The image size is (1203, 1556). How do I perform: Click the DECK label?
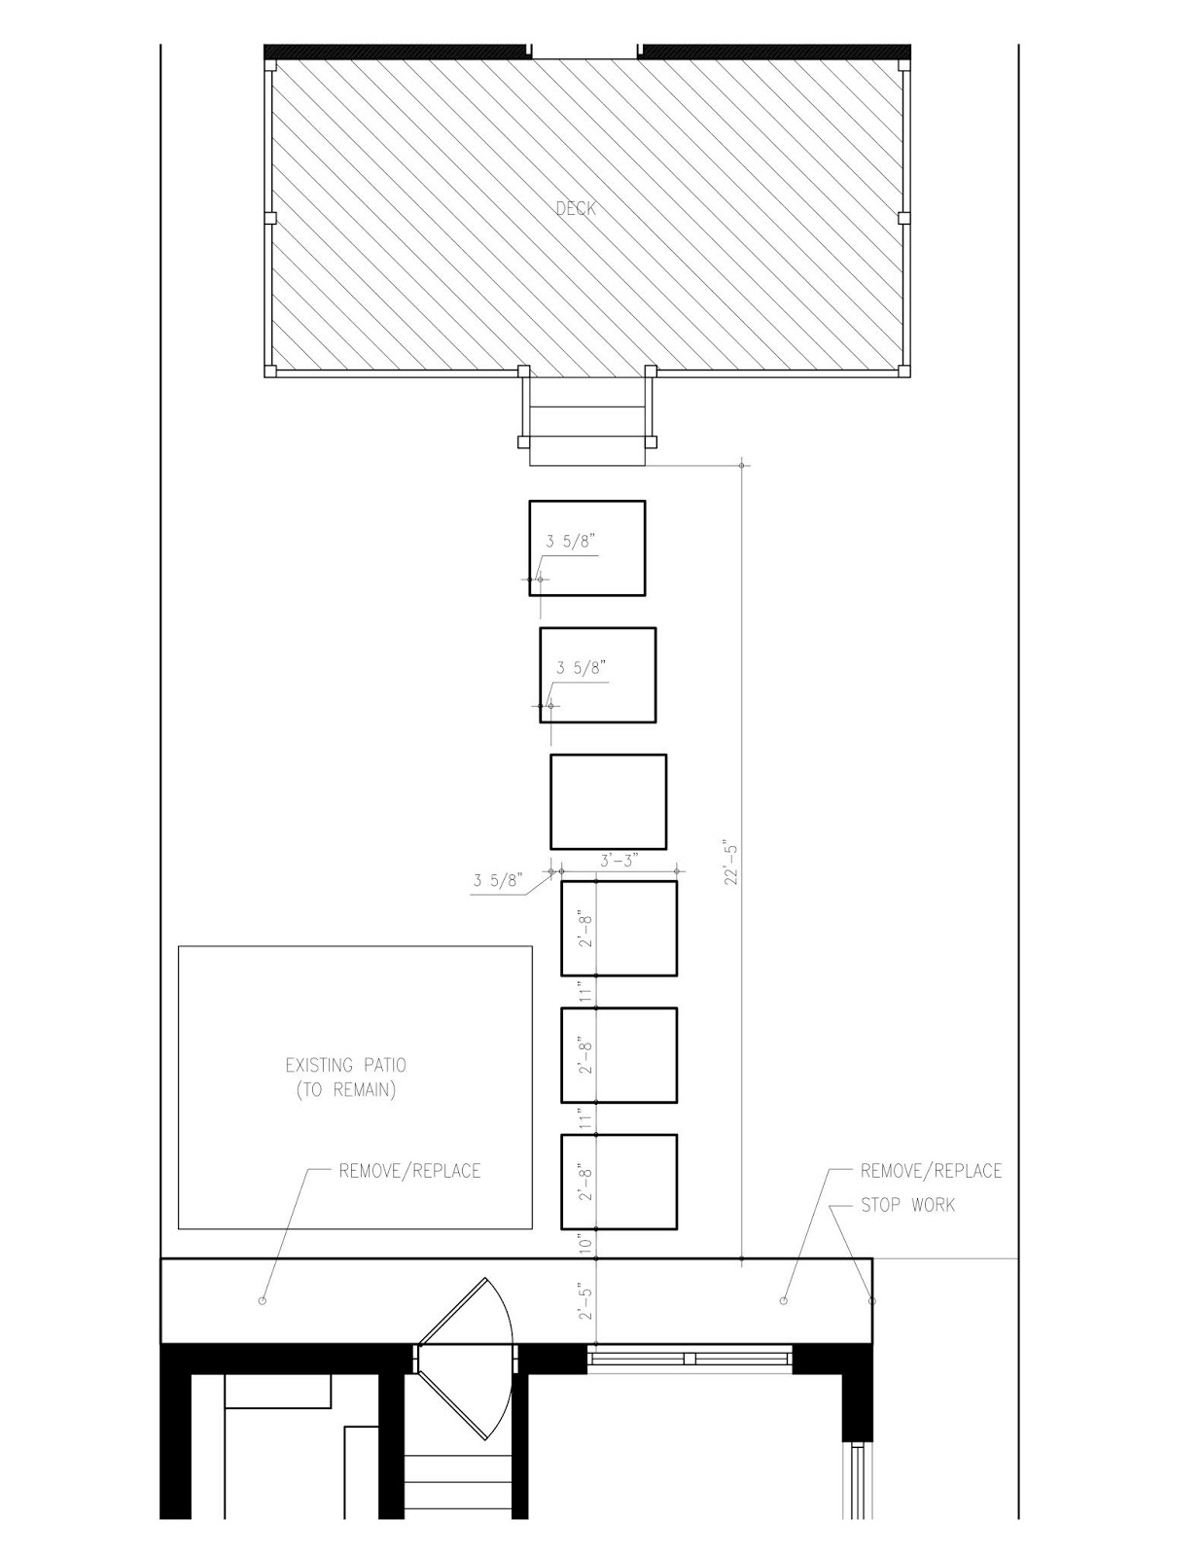576,208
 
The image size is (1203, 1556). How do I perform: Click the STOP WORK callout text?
907,1205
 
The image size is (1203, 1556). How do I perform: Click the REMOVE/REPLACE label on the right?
931,1171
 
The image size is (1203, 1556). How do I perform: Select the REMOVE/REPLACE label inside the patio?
409,1171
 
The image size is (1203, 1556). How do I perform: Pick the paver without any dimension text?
608,801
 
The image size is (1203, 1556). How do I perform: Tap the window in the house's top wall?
690,1359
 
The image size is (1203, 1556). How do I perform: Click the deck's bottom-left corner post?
270,371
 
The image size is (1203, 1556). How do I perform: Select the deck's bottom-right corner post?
903,371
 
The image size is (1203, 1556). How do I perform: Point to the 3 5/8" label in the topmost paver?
571,542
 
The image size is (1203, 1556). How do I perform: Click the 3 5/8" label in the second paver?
582,668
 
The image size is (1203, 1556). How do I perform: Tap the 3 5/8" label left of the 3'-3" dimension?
498,880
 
